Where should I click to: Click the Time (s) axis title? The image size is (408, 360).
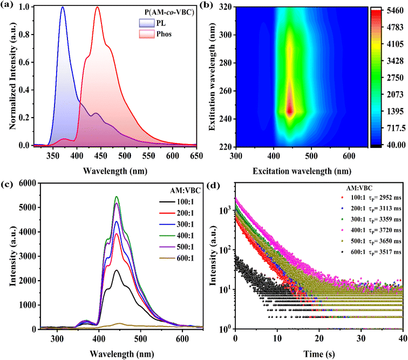click(319, 354)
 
